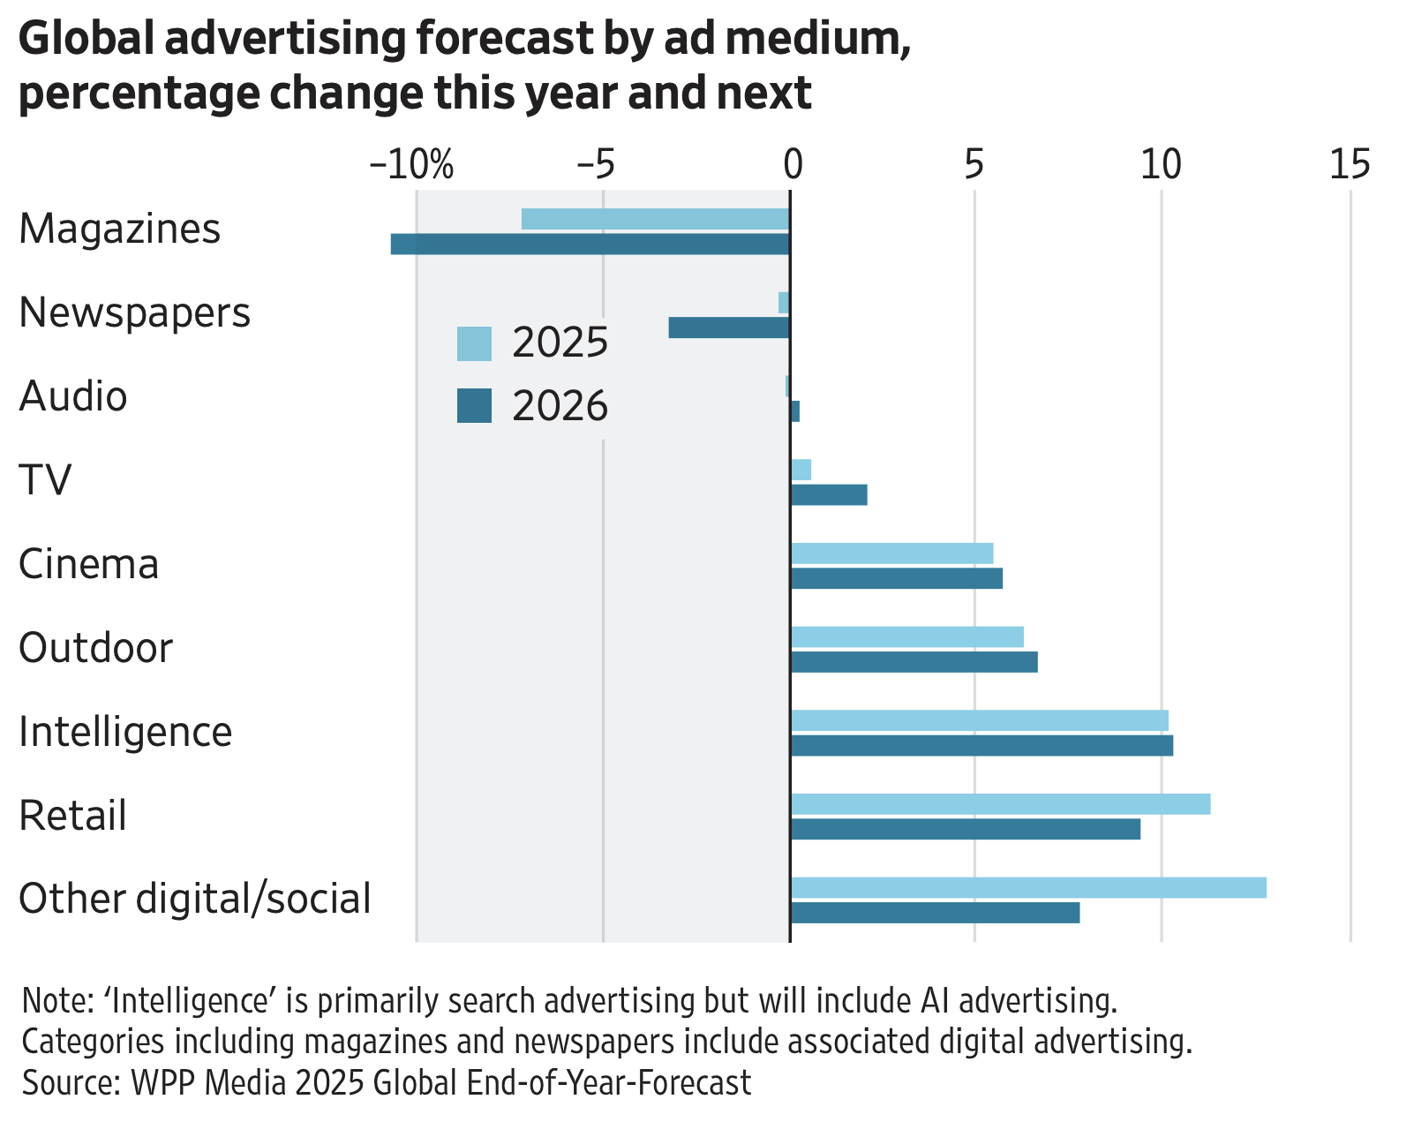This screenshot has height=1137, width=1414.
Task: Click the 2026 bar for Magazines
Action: coord(590,244)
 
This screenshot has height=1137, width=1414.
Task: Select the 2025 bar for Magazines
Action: coord(655,219)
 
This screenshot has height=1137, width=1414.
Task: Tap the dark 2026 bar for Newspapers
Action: coord(728,328)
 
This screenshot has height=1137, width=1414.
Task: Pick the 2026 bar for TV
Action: coord(829,495)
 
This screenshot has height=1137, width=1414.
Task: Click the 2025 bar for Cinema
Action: coord(891,553)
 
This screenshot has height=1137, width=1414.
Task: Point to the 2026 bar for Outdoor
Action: coord(914,662)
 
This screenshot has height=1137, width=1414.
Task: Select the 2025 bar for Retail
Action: coord(1000,804)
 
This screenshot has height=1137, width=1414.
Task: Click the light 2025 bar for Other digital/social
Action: coord(1028,888)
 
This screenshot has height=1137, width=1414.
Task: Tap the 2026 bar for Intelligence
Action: coord(982,746)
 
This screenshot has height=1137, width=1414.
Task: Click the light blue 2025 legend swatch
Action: coord(474,343)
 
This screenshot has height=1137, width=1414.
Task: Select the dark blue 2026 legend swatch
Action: coord(474,406)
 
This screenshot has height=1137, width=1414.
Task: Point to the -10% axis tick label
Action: coord(411,164)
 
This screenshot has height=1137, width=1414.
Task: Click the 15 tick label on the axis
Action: coord(1350,164)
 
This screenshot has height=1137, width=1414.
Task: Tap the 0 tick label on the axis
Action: coord(792,164)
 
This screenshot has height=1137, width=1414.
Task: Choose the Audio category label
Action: coord(73,396)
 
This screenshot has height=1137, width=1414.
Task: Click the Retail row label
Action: coord(73,816)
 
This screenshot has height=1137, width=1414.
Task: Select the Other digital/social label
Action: coord(194,900)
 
